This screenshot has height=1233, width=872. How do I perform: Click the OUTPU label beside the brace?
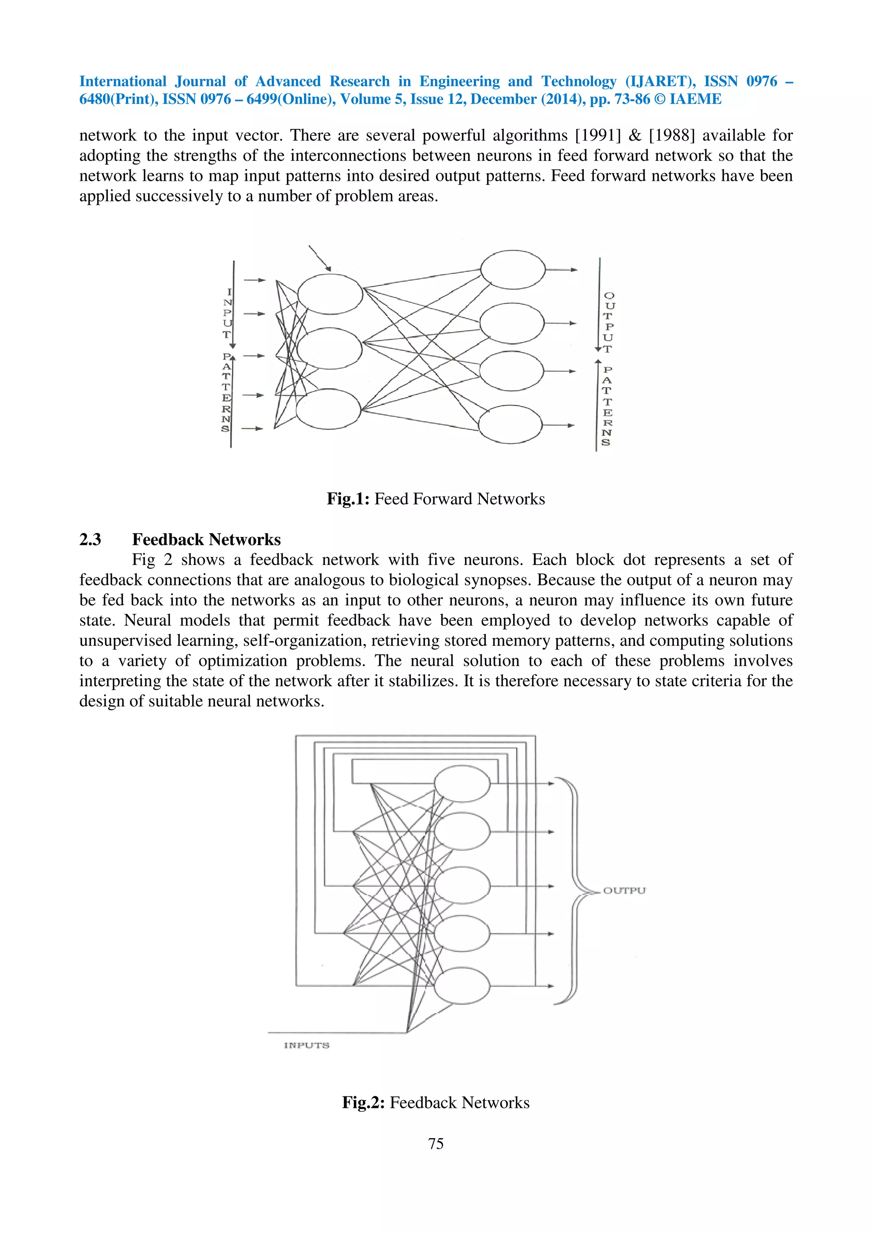[x=624, y=890]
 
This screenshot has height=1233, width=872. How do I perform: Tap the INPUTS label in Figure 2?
[x=306, y=1045]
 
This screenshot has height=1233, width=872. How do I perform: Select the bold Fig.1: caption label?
[x=347, y=499]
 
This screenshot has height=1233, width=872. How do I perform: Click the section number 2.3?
[x=90, y=539]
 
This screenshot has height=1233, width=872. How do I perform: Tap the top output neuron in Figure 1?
[x=513, y=270]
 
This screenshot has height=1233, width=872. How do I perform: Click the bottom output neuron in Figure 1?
[x=510, y=424]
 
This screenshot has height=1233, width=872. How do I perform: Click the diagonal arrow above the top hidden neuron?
[x=320, y=258]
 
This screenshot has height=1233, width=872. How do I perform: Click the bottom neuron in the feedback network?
[x=462, y=985]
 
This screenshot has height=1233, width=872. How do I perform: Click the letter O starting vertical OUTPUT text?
[x=609, y=296]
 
